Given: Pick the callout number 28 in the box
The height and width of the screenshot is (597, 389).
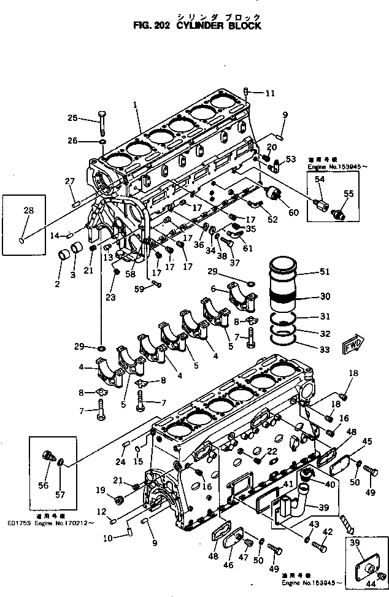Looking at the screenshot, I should [28, 211].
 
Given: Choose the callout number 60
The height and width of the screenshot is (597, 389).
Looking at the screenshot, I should [293, 212].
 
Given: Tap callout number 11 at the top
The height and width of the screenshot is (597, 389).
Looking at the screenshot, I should [271, 93].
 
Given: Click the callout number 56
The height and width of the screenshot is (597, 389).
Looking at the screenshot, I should [42, 485].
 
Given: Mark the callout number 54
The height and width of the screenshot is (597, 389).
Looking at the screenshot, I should [320, 179].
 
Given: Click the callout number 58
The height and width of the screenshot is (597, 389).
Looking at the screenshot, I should [130, 274].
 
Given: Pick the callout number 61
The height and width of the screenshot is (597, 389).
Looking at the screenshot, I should [248, 248].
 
